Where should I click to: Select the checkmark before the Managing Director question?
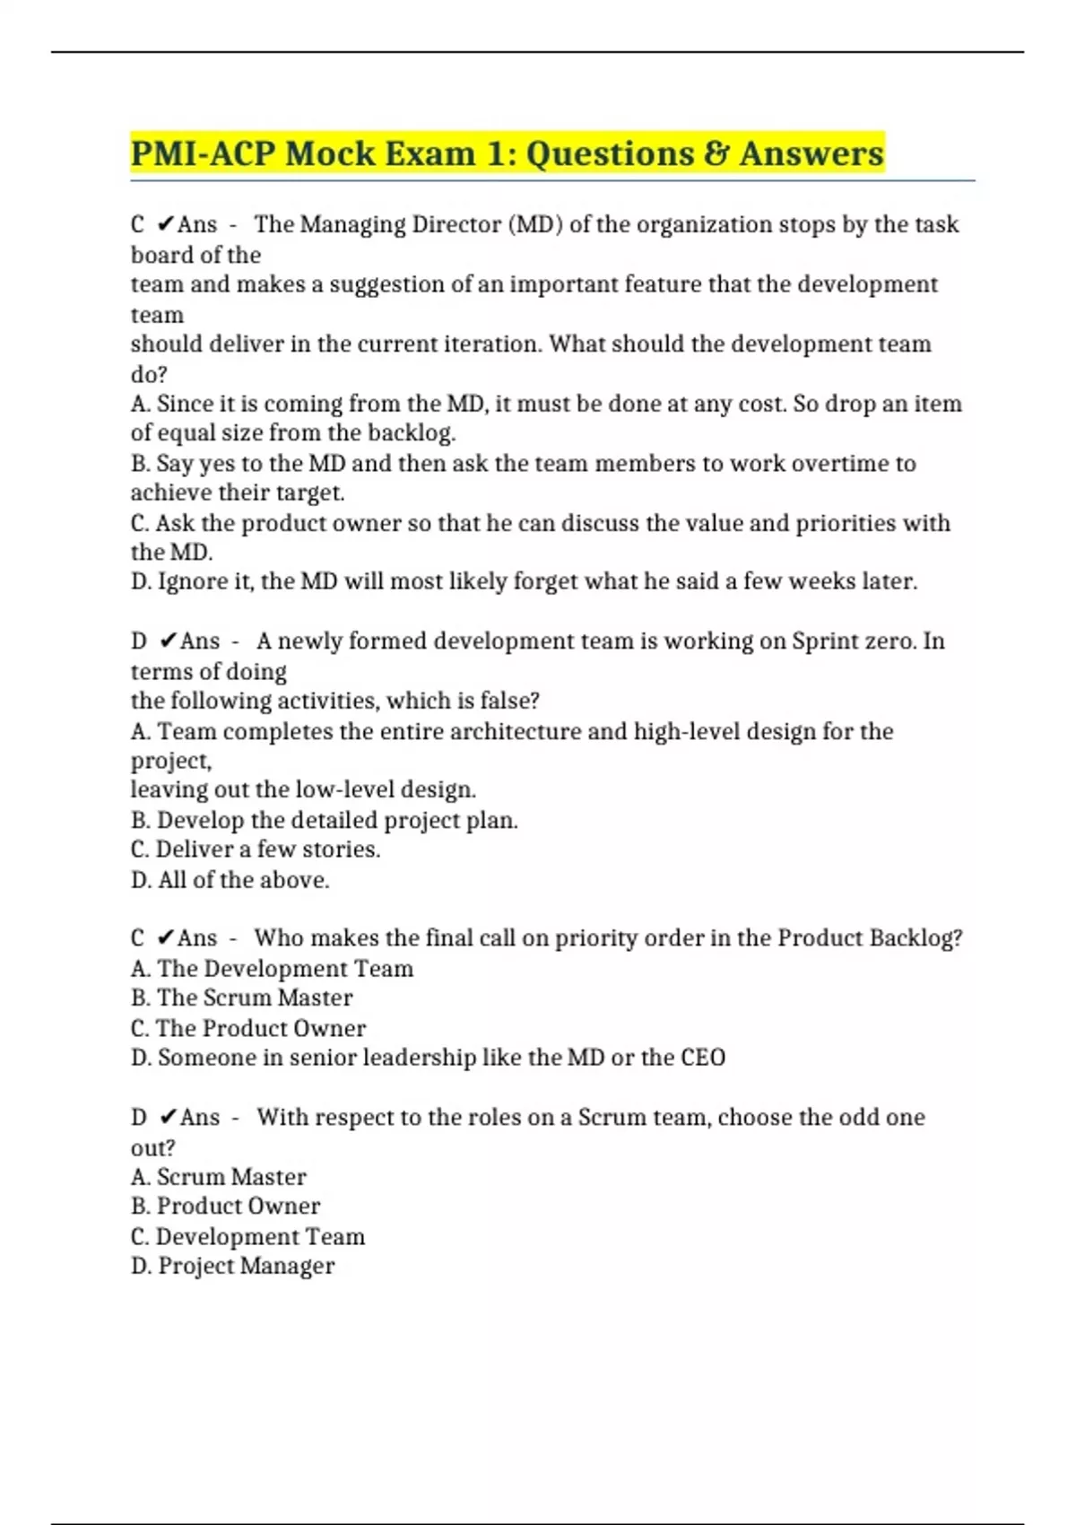pyautogui.click(x=165, y=224)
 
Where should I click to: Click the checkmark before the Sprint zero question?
pyautogui.click(x=168, y=641)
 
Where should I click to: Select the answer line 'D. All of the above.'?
pyautogui.click(x=230, y=880)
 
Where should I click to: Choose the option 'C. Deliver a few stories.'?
pyautogui.click(x=256, y=850)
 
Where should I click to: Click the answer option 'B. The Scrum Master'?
pyautogui.click(x=242, y=998)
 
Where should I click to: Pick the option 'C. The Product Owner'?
pyautogui.click(x=248, y=1028)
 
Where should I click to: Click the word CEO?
pyautogui.click(x=703, y=1058)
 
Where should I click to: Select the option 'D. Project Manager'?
pyautogui.click(x=233, y=1266)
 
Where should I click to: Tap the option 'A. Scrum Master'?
pyautogui.click(x=219, y=1177)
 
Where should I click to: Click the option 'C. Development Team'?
pyautogui.click(x=248, y=1236)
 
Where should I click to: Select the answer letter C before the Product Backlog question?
pyautogui.click(x=137, y=938)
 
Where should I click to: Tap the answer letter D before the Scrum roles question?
pyautogui.click(x=139, y=1118)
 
